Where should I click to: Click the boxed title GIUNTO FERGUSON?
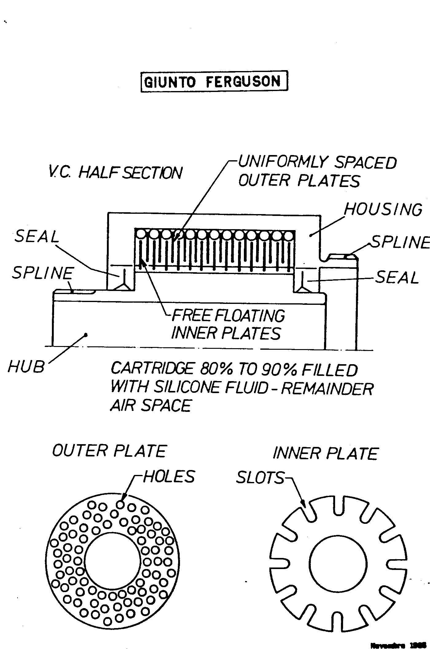[x=214, y=82]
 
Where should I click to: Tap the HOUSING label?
[x=383, y=210]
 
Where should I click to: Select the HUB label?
[x=26, y=367]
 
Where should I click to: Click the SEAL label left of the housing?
[x=37, y=237]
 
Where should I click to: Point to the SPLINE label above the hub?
[x=43, y=273]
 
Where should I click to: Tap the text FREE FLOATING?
[x=228, y=316]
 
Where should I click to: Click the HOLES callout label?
[x=169, y=477]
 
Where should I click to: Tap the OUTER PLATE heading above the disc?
[x=109, y=451]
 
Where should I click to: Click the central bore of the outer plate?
[x=112, y=562]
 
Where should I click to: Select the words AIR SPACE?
[x=151, y=405]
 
